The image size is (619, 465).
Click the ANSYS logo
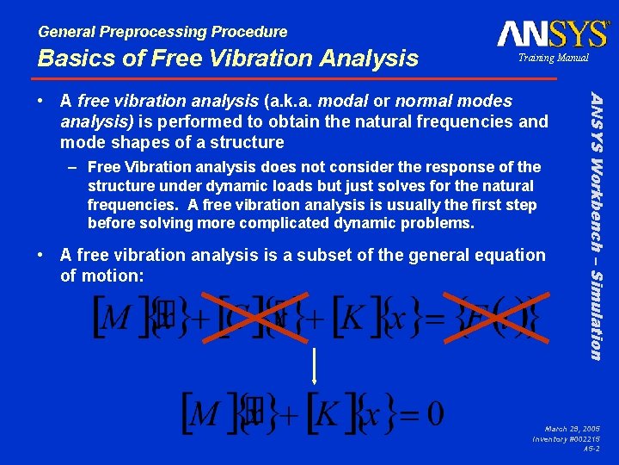click(552, 34)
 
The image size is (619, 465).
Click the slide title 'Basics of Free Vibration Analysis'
click(228, 59)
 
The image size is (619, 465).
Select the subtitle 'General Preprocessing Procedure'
click(162, 32)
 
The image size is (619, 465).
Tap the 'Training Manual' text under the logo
click(553, 58)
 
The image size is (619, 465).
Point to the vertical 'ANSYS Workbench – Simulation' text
click(593, 224)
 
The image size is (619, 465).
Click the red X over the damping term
click(257, 316)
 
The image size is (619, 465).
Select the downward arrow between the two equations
click(316, 365)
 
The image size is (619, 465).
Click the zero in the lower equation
click(434, 414)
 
